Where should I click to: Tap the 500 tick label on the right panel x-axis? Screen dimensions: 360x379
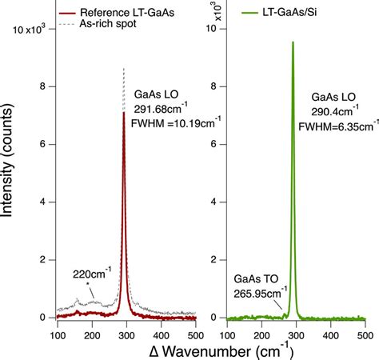(x=365, y=330)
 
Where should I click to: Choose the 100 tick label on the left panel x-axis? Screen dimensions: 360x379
(x=57, y=330)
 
